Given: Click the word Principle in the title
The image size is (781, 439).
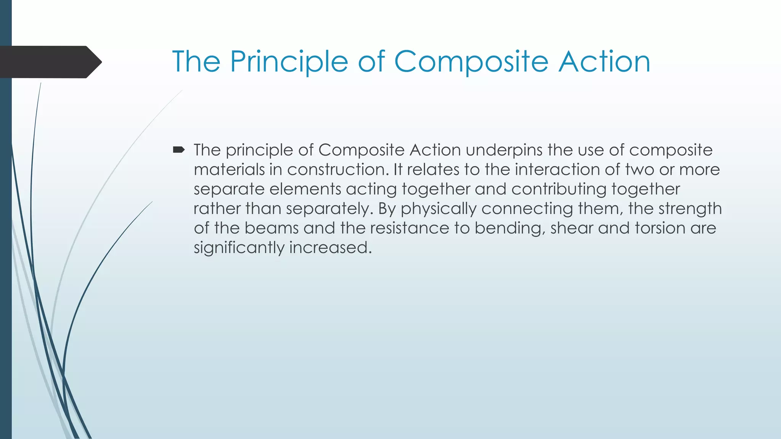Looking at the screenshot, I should pyautogui.click(x=289, y=62).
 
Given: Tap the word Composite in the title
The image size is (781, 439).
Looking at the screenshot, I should pyautogui.click(x=471, y=62).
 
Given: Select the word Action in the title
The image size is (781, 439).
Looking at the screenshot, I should pyautogui.click(x=604, y=62).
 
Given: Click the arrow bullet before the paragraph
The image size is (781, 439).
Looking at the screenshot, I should pyautogui.click(x=178, y=150).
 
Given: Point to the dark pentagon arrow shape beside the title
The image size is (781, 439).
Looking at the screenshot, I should pyautogui.click(x=50, y=62).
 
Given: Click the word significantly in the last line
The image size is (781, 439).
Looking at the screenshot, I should pyautogui.click(x=239, y=248).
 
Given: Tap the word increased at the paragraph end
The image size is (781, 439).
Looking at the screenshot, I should pyautogui.click(x=330, y=248).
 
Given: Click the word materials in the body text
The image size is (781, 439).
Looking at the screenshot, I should pyautogui.click(x=229, y=170).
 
